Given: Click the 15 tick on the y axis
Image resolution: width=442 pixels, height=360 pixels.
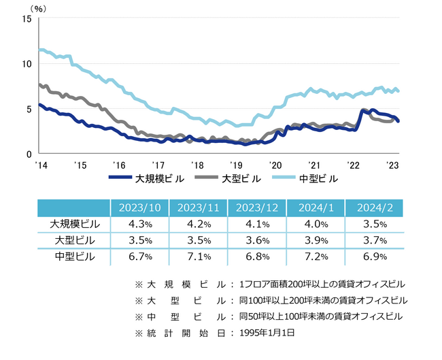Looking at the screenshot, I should pyautogui.click(x=27, y=18).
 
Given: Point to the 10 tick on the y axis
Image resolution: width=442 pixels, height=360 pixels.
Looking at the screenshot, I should pyautogui.click(x=27, y=64).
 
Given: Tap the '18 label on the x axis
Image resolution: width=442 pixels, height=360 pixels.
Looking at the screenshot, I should pyautogui.click(x=197, y=165).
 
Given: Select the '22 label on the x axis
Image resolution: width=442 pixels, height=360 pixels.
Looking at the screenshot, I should pyautogui.click(x=354, y=165).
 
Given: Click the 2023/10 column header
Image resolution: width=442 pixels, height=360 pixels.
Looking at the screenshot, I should pyautogui.click(x=139, y=208).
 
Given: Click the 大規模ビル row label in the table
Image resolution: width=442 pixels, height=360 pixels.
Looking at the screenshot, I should pyautogui.click(x=74, y=224).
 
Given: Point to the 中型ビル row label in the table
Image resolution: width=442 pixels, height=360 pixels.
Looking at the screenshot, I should pyautogui.click(x=74, y=257).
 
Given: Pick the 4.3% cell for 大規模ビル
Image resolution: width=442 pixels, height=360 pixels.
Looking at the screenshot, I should pyautogui.click(x=139, y=224).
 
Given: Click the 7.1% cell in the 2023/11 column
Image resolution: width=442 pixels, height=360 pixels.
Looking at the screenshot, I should pyautogui.click(x=198, y=257).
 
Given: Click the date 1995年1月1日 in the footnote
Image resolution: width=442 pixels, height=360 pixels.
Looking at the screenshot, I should pyautogui.click(x=268, y=333).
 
